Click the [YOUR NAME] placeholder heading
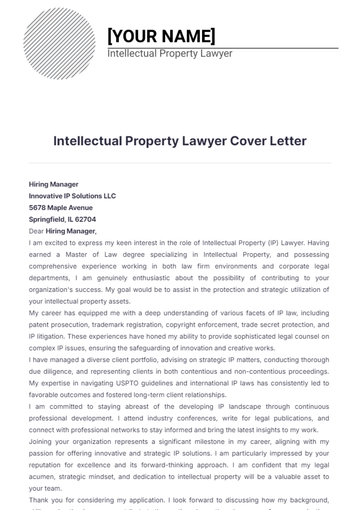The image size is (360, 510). pyautogui.click(x=161, y=36)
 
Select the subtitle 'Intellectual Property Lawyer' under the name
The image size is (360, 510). pyautogui.click(x=170, y=54)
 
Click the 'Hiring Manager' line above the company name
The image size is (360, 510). pyautogui.click(x=54, y=184)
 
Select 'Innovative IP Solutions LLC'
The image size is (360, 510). pyautogui.click(x=73, y=196)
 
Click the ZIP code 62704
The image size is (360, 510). pyautogui.click(x=85, y=218)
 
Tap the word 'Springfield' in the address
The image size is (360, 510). pyautogui.click(x=47, y=218)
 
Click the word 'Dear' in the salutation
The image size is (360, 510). pyautogui.click(x=37, y=230)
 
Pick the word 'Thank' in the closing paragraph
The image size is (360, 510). pyautogui.click(x=40, y=499)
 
